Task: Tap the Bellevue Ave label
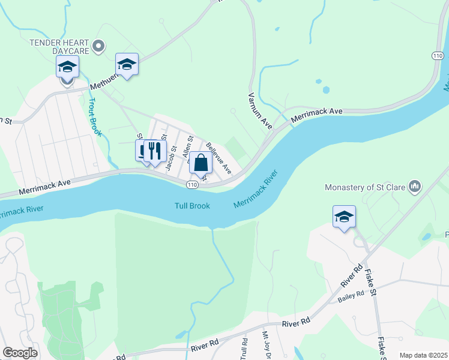pyautogui.click(x=218, y=158)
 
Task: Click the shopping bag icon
pyautogui.click(x=202, y=163)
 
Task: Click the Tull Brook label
pyautogui.click(x=192, y=205)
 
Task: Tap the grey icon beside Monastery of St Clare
pyautogui.click(x=414, y=187)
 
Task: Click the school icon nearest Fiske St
pyautogui.click(x=345, y=217)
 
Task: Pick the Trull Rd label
pyautogui.click(x=244, y=350)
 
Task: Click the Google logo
pyautogui.click(x=20, y=352)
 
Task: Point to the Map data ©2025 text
pyautogui.click(x=423, y=355)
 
